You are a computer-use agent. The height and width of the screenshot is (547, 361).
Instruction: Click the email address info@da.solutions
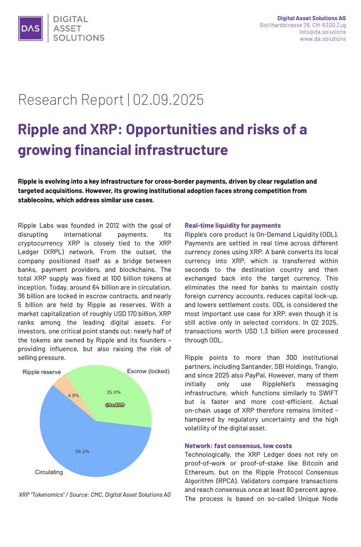point(323,32)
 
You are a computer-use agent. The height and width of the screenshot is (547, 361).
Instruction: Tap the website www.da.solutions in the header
point(322,39)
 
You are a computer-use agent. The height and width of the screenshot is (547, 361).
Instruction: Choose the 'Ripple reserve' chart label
point(42,372)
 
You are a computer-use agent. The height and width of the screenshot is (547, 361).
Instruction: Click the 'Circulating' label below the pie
point(49,472)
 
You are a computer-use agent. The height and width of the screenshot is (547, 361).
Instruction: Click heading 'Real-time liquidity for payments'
point(232,225)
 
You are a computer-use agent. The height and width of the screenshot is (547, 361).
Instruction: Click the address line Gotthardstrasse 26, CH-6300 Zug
point(302,25)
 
